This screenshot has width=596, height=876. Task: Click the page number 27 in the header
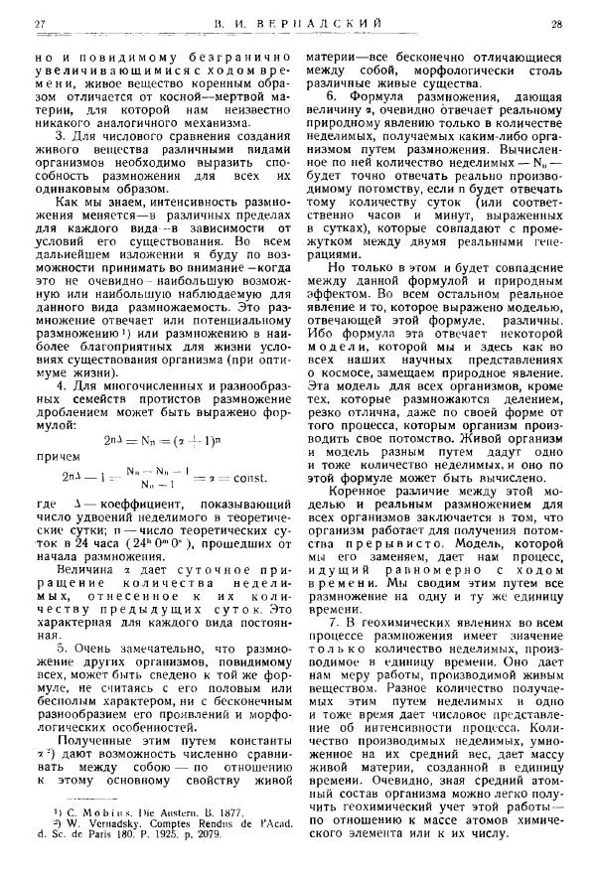pos(40,22)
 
